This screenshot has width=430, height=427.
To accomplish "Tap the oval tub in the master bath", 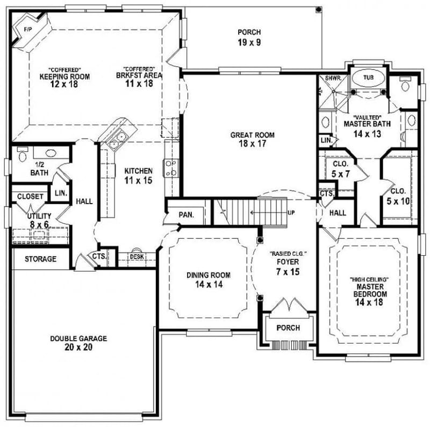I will point(368,78).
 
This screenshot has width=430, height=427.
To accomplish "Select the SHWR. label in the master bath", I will point(329,78).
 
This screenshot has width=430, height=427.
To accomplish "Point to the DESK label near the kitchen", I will point(137,257).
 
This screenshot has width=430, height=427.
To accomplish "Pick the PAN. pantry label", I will point(186,215).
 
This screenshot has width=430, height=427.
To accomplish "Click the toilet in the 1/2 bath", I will point(23,156).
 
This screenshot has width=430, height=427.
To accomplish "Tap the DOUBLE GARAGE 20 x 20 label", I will point(78,343).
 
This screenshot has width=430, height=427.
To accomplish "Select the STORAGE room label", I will point(40,259).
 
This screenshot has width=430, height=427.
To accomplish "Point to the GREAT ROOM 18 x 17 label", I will point(253,139).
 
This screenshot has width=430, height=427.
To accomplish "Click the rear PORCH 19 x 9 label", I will point(249,38).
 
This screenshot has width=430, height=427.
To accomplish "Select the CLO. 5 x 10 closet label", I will point(398,195).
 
